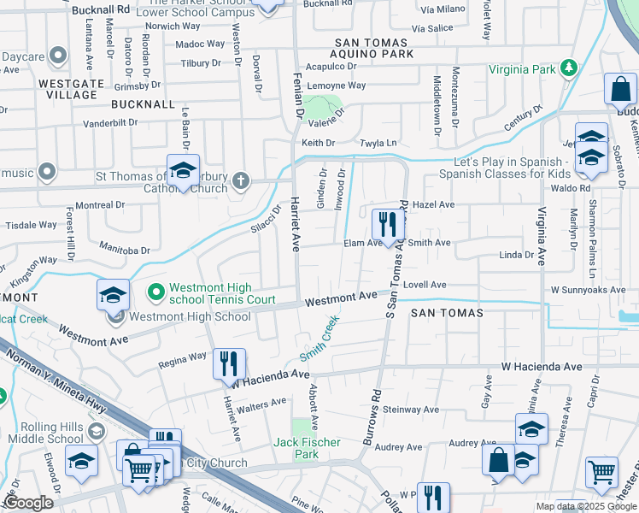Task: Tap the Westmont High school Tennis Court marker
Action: [155, 293]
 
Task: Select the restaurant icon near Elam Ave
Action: [389, 226]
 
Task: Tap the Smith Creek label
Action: [319, 338]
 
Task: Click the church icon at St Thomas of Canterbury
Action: [241, 180]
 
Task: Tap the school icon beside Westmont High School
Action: [113, 295]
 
